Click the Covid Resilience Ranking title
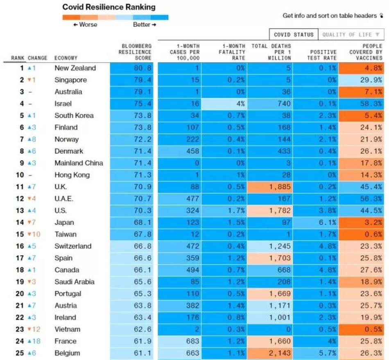[x=109, y=7]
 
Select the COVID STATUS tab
[x=294, y=35]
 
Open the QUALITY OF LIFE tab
[x=351, y=35]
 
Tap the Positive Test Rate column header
[x=323, y=55]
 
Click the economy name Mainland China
[x=79, y=163]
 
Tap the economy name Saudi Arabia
[x=75, y=282]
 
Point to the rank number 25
[x=19, y=353]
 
